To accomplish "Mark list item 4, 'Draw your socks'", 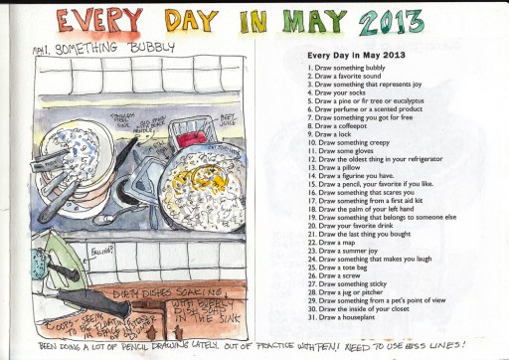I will coord(349,96).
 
